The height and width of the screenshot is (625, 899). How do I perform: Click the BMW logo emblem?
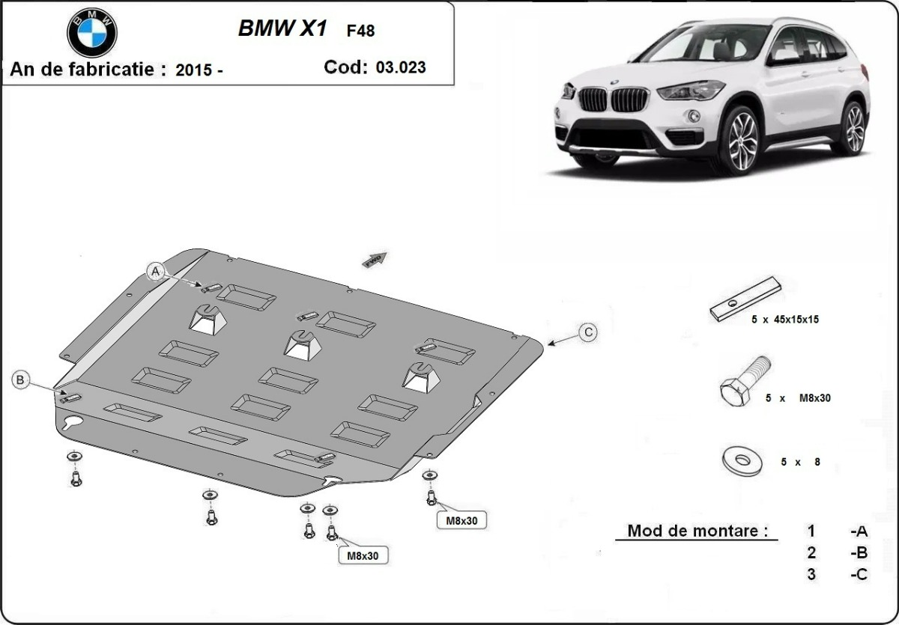point(91,32)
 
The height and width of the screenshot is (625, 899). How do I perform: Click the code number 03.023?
point(401,67)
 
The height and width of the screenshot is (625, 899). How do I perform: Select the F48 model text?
point(360,31)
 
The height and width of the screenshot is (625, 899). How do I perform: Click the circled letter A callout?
point(156,271)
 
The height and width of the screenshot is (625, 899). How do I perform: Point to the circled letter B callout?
point(20,380)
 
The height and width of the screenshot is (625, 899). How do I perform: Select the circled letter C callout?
point(589,332)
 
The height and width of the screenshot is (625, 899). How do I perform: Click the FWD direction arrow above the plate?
point(374,258)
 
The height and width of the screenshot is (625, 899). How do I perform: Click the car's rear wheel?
point(853,128)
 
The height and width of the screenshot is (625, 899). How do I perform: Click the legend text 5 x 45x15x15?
point(785,319)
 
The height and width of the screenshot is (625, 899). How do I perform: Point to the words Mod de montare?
point(697,531)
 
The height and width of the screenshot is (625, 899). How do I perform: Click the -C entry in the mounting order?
point(859,574)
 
